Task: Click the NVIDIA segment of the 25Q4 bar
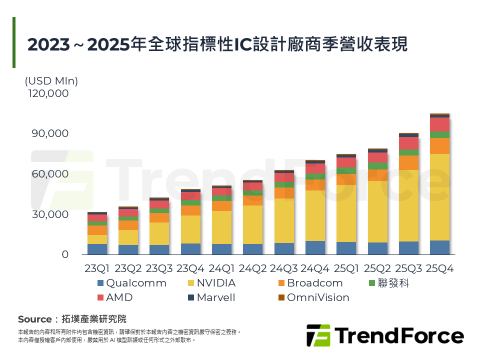(439, 197)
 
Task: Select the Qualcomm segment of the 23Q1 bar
(97, 249)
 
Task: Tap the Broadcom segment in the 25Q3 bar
(408, 162)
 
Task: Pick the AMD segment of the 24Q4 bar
(315, 168)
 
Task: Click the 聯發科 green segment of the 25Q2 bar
(377, 166)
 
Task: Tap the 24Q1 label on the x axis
(221, 269)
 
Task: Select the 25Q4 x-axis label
(439, 269)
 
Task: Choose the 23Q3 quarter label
(159, 269)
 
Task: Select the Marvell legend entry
(210, 297)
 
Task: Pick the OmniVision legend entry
(313, 297)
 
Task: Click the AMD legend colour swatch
(100, 297)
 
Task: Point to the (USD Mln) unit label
(51, 80)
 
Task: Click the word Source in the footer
(34, 319)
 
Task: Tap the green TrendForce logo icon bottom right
(318, 335)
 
